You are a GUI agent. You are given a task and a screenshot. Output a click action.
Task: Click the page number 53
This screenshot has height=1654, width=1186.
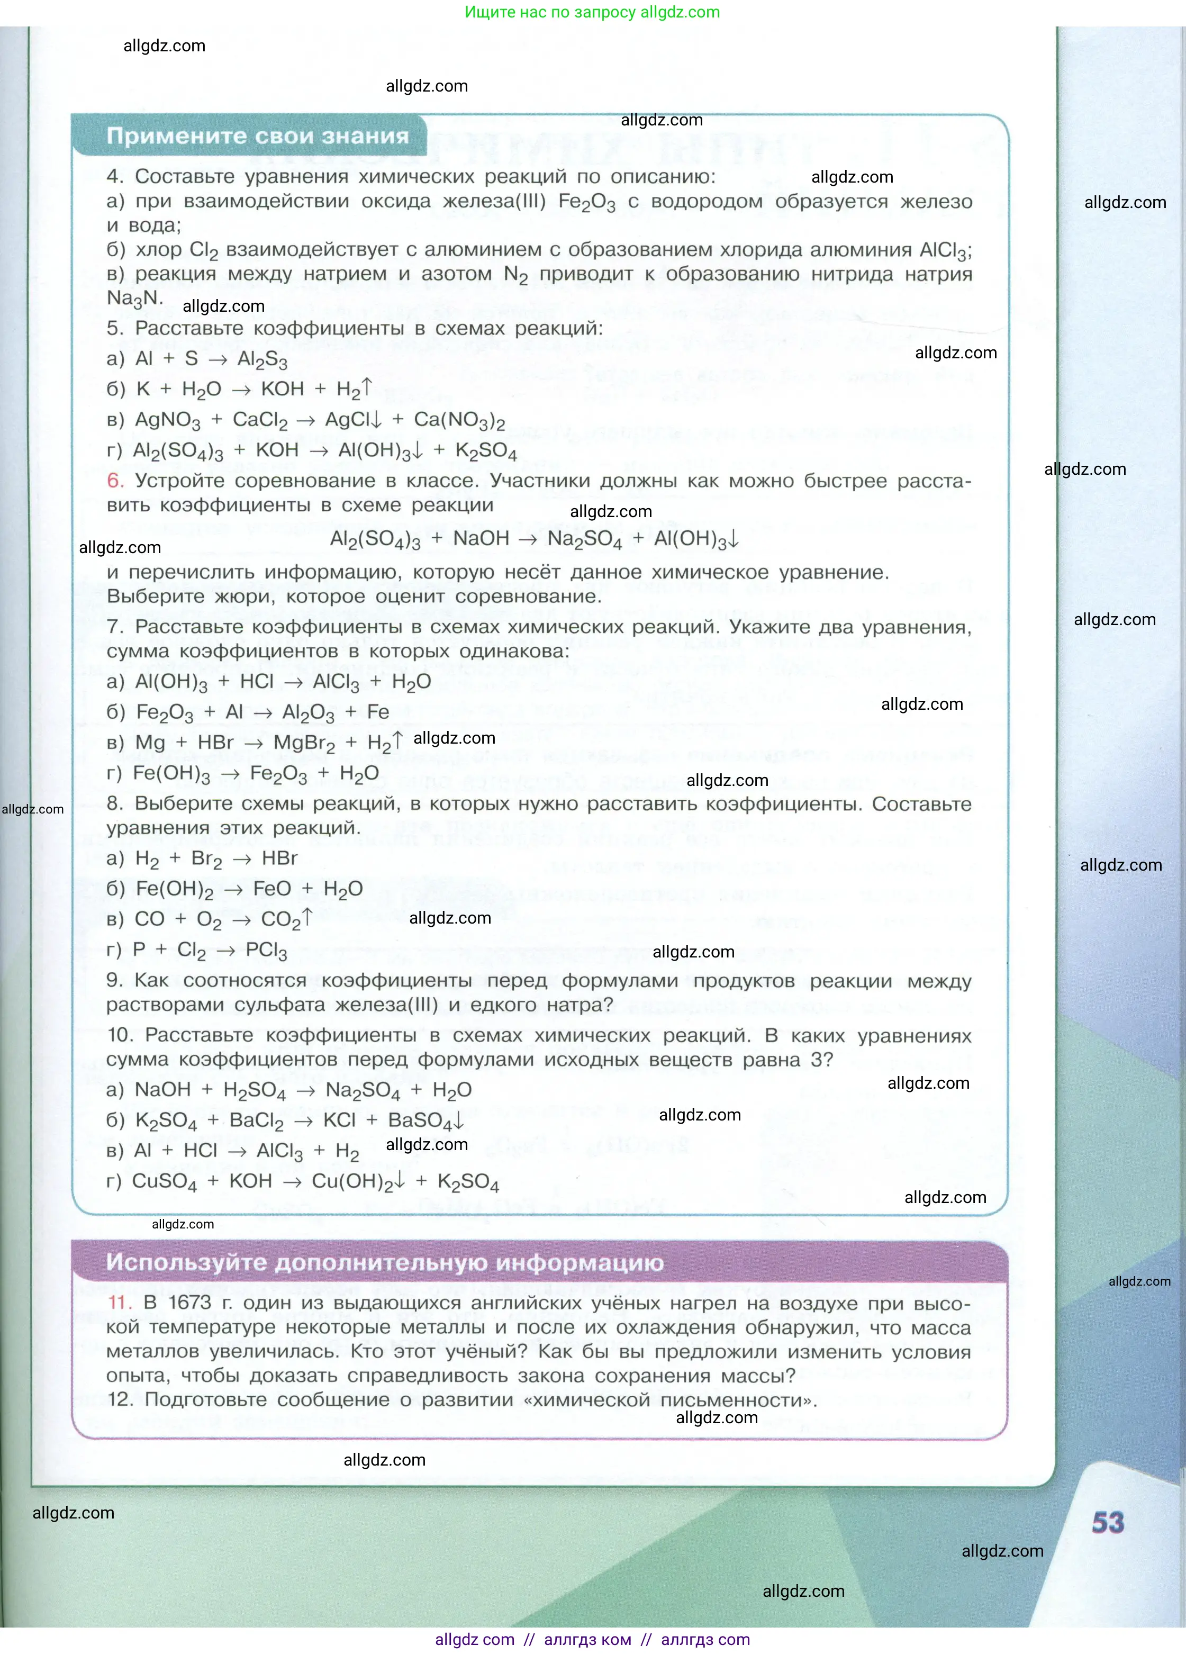[x=1107, y=1522]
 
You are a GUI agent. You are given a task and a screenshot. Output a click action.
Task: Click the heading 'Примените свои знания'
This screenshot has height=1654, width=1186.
[x=258, y=137]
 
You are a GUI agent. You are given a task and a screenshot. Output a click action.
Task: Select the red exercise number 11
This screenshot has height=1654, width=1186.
[x=119, y=1303]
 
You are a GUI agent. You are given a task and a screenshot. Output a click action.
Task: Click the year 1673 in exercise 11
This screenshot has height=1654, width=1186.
[x=189, y=1303]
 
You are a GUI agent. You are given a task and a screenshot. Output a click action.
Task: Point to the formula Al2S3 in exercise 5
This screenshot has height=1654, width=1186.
[x=262, y=359]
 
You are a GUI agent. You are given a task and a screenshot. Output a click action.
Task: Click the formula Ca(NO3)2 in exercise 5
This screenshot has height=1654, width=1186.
[x=459, y=421]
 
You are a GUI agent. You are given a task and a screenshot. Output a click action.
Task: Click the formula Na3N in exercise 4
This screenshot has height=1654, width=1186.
[x=132, y=299]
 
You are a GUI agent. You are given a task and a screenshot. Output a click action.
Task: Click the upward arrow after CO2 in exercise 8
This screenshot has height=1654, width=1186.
[x=307, y=917]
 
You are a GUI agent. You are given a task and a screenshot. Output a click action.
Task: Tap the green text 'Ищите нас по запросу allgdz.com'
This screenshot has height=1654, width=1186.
[x=592, y=12]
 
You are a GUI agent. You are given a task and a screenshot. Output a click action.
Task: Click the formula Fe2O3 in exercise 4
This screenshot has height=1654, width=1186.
[x=586, y=202]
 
